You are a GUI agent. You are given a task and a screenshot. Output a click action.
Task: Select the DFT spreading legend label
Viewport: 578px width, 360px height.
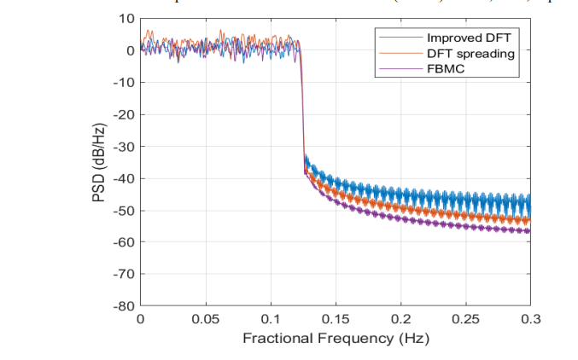tap(471, 53)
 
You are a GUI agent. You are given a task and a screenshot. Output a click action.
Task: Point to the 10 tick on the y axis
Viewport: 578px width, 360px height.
tap(126, 19)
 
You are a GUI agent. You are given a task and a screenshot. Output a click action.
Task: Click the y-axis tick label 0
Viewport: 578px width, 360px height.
tap(130, 50)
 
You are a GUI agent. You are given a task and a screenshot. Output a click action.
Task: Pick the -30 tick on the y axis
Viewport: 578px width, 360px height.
tap(124, 147)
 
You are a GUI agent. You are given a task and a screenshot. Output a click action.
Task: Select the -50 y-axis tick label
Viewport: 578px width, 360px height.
tap(124, 211)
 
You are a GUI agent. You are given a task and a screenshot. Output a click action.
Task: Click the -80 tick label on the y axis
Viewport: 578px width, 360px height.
tap(124, 306)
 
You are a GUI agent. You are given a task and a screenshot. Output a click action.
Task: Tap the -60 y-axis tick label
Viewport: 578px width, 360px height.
tap(124, 242)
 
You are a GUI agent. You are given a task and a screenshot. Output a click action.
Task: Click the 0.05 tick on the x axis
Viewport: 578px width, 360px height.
tap(206, 319)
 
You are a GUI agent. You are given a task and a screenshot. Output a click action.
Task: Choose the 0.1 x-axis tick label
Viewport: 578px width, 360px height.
tap(271, 319)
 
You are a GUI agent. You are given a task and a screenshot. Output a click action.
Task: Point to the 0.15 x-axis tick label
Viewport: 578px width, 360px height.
tap(336, 319)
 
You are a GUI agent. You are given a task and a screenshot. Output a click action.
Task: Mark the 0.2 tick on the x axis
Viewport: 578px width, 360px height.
tap(400, 319)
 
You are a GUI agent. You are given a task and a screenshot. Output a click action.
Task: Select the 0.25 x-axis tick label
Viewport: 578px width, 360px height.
tap(465, 319)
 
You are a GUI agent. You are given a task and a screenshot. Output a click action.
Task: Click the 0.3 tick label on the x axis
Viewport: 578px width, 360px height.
tap(530, 319)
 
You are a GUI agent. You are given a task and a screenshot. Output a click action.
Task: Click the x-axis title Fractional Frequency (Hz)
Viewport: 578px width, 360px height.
tap(336, 339)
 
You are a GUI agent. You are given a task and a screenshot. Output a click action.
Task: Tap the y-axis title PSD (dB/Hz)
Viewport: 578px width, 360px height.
tap(99, 162)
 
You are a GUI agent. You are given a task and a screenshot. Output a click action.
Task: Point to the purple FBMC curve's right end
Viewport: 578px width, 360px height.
tap(529, 231)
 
